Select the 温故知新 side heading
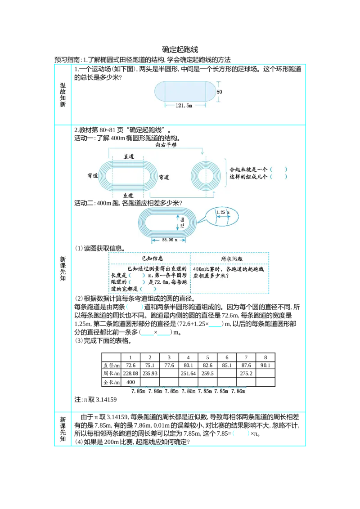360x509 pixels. [63, 94]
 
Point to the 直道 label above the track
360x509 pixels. [129, 156]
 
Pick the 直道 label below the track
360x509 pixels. [129, 195]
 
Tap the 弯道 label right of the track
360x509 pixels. [164, 177]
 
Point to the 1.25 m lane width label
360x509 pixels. [222, 212]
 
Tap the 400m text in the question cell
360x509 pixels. [198, 269]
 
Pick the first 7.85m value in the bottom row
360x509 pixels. [138, 392]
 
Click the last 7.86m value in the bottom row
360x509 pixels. [239, 392]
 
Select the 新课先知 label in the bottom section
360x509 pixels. [63, 429]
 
